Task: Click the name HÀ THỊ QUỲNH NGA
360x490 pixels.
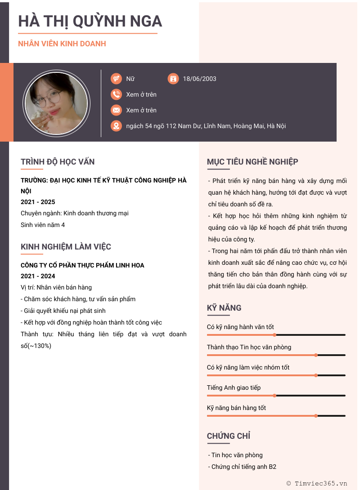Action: click(90, 21)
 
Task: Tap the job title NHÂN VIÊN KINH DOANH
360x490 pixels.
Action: click(62, 44)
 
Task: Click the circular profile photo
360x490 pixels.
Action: click(57, 103)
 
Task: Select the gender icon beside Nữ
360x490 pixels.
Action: click(116, 79)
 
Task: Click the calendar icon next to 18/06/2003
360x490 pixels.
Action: click(173, 79)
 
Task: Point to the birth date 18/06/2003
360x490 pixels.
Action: click(199, 79)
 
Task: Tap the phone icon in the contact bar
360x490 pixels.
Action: click(116, 94)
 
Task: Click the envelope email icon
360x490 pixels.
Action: click(116, 110)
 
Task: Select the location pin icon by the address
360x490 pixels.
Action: click(116, 126)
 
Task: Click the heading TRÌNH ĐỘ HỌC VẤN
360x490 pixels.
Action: click(58, 162)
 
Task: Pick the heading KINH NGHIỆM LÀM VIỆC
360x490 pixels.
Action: click(66, 247)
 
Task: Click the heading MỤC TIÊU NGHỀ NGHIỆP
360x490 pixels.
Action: click(252, 162)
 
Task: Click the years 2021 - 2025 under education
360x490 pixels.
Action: click(38, 202)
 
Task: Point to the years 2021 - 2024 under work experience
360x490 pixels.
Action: click(38, 276)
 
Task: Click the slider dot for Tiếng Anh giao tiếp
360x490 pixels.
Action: click(274, 396)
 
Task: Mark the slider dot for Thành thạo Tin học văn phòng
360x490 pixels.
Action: click(316, 355)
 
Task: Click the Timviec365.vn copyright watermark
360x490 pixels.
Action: click(317, 483)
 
